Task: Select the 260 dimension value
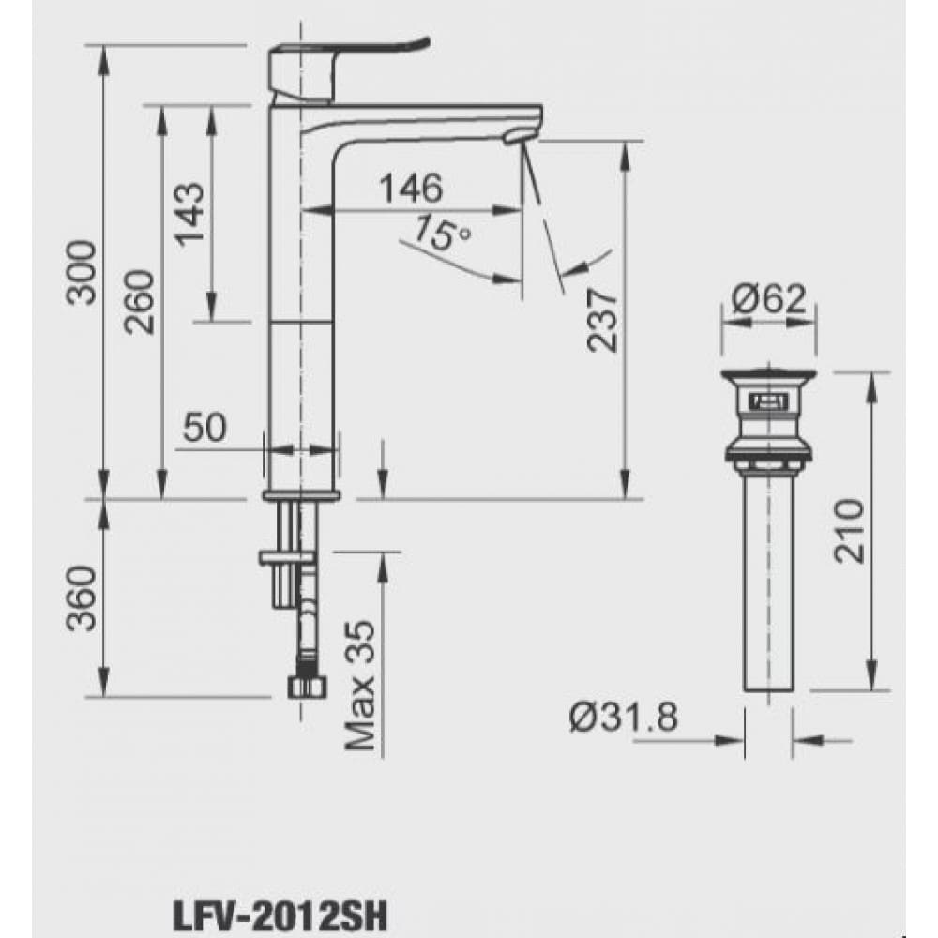[x=140, y=302]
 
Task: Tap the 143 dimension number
[x=190, y=213]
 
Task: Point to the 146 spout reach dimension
[x=410, y=189]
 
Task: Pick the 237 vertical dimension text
[x=603, y=318]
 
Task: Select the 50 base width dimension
[x=204, y=428]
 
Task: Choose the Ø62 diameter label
[x=768, y=300]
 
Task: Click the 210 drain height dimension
[x=848, y=531]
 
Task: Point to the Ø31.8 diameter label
[x=622, y=719]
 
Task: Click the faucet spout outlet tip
[x=515, y=137]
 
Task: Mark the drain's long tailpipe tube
[x=769, y=582]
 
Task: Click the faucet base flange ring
[x=302, y=494]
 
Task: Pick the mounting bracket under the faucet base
[x=286, y=559]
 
